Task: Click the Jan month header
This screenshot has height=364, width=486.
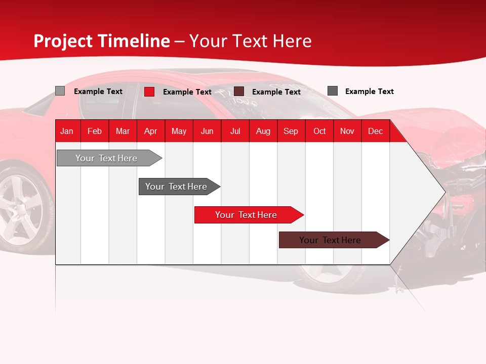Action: (x=67, y=131)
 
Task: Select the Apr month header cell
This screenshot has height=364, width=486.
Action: (x=151, y=131)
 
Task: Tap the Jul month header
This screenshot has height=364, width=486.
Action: (x=235, y=131)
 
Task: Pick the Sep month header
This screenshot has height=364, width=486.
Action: (x=291, y=131)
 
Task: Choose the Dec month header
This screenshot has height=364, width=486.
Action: (x=375, y=131)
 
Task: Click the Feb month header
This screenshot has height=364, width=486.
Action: (x=95, y=131)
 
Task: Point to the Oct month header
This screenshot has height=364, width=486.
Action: (x=319, y=131)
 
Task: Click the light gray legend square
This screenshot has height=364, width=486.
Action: (x=60, y=91)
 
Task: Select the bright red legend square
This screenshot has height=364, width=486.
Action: (x=149, y=92)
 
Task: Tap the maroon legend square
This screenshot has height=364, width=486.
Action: (x=239, y=91)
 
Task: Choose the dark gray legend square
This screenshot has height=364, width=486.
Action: (x=333, y=90)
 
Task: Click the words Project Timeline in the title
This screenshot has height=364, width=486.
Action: (x=102, y=41)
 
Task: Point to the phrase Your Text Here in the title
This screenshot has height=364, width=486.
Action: (x=251, y=41)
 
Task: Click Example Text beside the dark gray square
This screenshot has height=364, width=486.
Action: (x=369, y=92)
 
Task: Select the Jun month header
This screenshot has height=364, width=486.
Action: (x=207, y=131)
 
